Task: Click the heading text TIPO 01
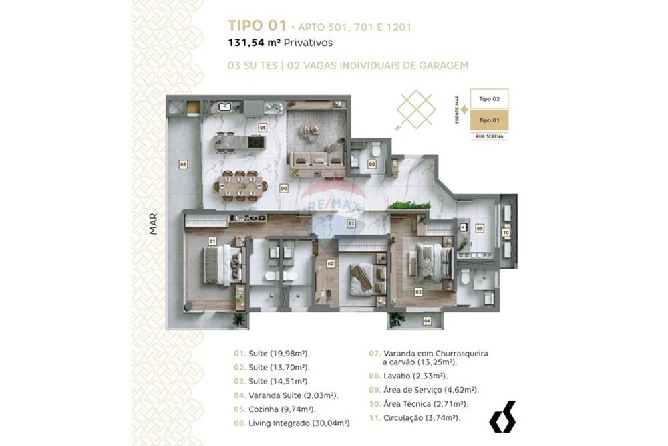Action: pyautogui.click(x=257, y=26)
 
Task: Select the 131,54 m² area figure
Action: pyautogui.click(x=254, y=43)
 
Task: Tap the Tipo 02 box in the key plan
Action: pyautogui.click(x=489, y=99)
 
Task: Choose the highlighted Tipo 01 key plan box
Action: pyautogui.click(x=489, y=120)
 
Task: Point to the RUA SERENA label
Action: pyautogui.click(x=489, y=136)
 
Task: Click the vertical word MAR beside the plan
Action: pyautogui.click(x=153, y=223)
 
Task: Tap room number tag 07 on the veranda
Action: pyautogui.click(x=182, y=164)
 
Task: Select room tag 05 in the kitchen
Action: pyautogui.click(x=263, y=126)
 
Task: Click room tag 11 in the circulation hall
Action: pyautogui.click(x=351, y=224)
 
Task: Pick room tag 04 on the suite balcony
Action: pyautogui.click(x=427, y=321)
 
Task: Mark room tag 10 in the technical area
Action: pyautogui.click(x=506, y=232)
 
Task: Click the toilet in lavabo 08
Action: pyautogui.click(x=375, y=146)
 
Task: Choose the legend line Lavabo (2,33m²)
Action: pyautogui.click(x=408, y=376)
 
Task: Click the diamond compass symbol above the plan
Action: pyautogui.click(x=415, y=109)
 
